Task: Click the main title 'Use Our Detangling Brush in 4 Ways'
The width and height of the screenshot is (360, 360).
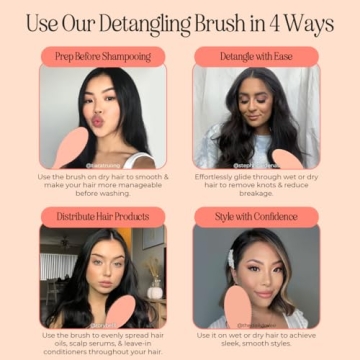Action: click(180, 21)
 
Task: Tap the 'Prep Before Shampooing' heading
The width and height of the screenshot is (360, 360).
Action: click(103, 57)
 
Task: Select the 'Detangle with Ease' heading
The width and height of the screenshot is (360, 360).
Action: click(256, 57)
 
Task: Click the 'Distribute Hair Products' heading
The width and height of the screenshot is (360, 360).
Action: click(103, 216)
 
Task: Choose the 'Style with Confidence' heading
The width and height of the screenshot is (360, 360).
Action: click(256, 216)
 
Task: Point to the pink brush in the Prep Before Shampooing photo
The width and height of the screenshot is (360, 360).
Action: click(71, 149)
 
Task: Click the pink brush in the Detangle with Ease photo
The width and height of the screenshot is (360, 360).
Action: click(286, 159)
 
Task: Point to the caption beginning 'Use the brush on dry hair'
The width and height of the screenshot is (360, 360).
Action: click(103, 184)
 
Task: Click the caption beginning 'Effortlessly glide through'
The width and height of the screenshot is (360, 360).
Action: click(256, 184)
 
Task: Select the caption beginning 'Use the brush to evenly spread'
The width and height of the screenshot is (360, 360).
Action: click(103, 343)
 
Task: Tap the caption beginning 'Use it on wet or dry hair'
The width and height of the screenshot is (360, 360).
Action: click(256, 340)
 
